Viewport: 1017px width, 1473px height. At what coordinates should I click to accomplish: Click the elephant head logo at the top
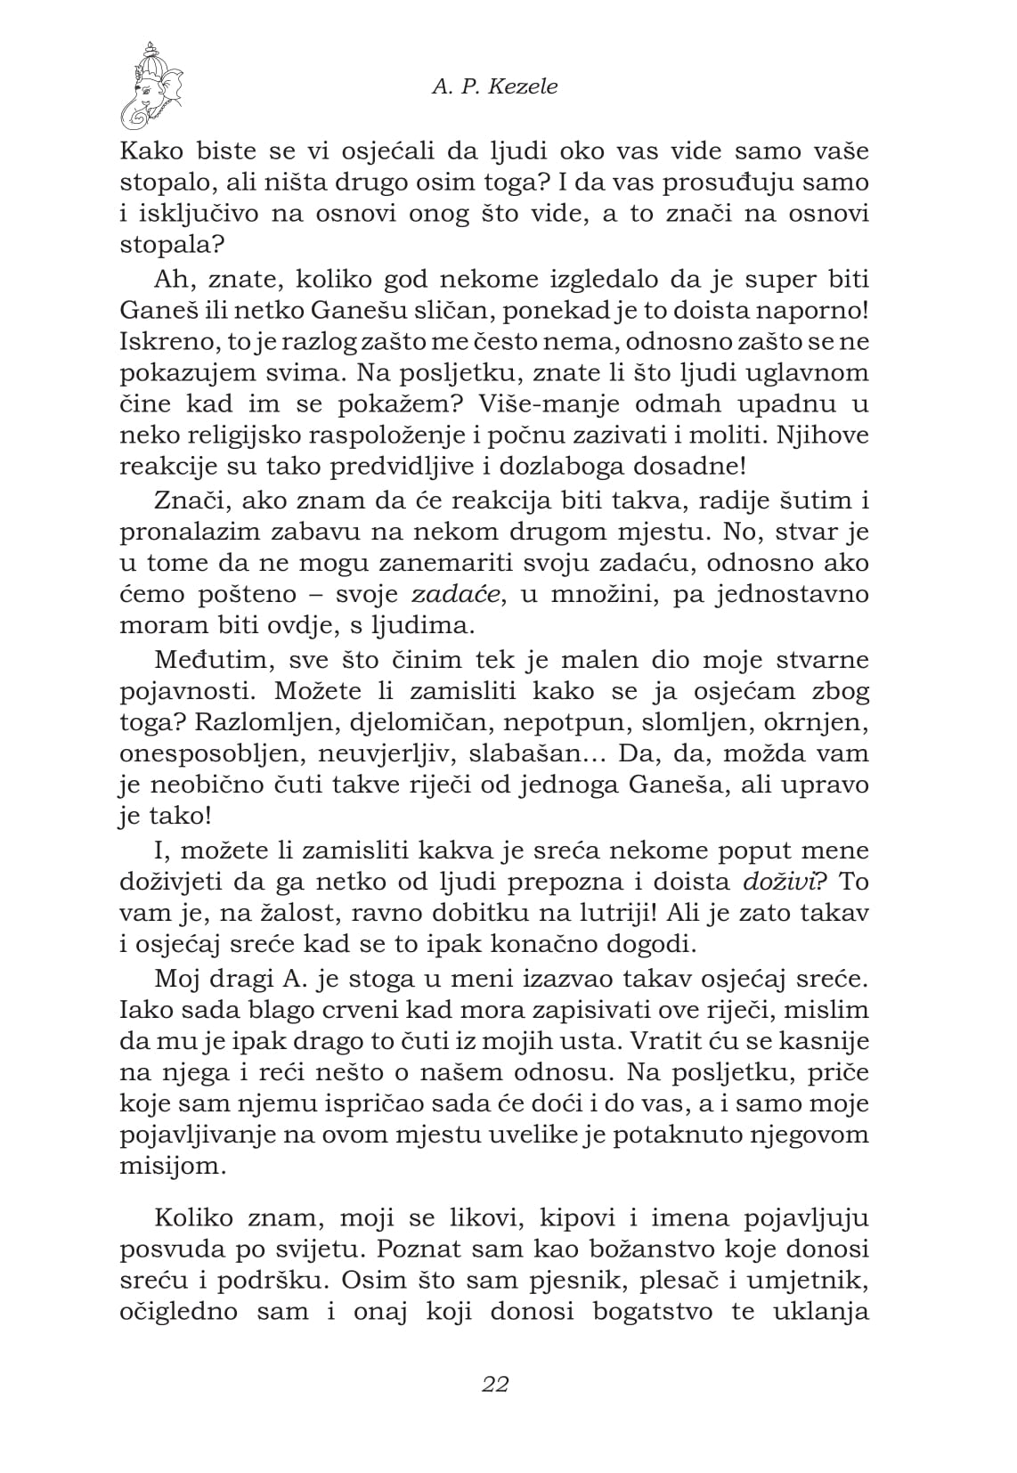click(152, 86)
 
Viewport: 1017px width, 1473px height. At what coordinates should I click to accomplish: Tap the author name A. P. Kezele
click(495, 86)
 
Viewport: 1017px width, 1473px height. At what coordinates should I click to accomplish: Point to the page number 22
click(494, 1384)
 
